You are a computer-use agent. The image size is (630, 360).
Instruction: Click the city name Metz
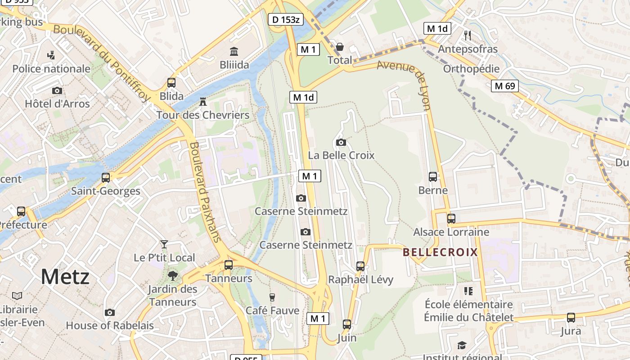65,276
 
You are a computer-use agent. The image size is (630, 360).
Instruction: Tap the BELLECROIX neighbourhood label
440,252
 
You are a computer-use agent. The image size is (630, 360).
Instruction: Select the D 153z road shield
286,19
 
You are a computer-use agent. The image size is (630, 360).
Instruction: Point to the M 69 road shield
505,85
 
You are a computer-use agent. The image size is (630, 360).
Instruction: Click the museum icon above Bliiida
234,51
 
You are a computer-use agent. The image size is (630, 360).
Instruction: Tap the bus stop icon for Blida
171,83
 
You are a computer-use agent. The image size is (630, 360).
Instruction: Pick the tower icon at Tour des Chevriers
203,102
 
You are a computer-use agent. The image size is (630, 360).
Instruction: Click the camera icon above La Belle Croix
341,142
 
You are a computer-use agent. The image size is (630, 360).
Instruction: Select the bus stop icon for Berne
433,177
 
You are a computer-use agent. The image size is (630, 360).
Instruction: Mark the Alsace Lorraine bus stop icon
451,219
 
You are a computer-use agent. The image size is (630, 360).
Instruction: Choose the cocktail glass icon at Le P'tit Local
164,244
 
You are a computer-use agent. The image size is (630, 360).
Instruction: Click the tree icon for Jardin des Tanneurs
172,275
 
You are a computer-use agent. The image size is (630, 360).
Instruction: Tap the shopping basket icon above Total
340,47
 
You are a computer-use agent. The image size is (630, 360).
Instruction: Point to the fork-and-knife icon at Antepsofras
468,35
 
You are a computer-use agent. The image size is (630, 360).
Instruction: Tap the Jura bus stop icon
571,318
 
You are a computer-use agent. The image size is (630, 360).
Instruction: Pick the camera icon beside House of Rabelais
109,312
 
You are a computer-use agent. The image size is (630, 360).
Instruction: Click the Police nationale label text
51,69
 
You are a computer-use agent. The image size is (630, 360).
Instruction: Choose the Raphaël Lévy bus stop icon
360,266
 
